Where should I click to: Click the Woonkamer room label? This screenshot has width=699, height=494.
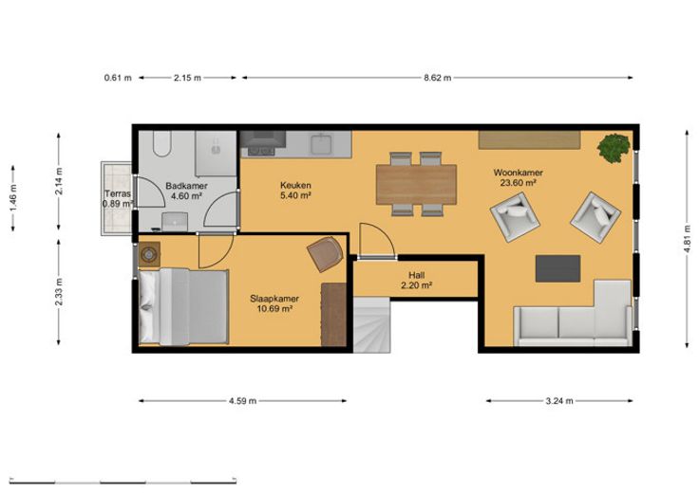coord(518,173)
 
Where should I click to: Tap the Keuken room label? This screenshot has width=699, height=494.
coord(295,185)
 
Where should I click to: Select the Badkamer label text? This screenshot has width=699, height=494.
coord(186,186)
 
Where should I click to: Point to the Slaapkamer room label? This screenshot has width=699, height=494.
coord(274,299)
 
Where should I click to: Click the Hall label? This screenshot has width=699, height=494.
coord(416,275)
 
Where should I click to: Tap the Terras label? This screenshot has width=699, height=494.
coord(118,193)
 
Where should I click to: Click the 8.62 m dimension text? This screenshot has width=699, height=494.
coord(437,78)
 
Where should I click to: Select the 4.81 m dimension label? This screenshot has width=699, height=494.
coord(688,239)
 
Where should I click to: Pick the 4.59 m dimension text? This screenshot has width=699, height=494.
coord(242,401)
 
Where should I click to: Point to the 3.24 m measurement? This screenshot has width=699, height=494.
coord(559,401)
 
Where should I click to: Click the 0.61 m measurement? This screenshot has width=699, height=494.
coord(118,78)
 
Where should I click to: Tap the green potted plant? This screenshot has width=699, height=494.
coord(614,148)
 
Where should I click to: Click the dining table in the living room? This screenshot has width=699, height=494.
coord(416,185)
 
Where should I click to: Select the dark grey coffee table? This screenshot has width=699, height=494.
coord(557,268)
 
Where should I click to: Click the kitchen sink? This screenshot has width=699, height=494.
coord(321,144)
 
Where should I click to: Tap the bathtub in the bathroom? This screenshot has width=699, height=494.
coord(161,144)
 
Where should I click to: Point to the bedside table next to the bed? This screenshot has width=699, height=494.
coord(149,254)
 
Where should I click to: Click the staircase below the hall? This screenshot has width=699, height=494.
coord(372,325)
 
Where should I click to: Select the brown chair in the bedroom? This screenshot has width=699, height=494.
coord(326,254)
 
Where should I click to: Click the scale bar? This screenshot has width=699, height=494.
coord(123,482)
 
